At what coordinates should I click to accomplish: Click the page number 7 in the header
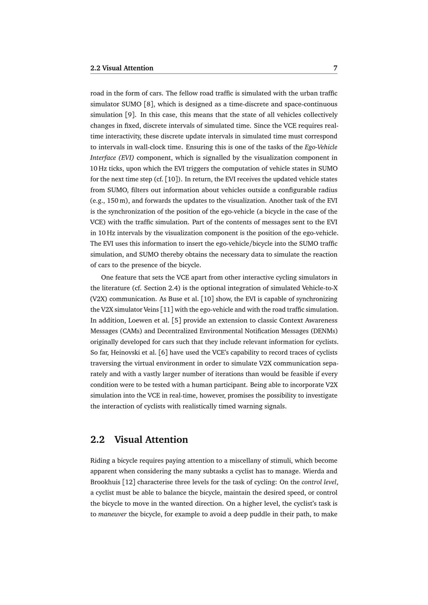coord(335,68)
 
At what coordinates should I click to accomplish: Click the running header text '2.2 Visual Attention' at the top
coord(122,68)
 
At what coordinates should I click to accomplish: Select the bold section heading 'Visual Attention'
coord(151,439)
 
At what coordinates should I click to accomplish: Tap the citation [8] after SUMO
coord(149,104)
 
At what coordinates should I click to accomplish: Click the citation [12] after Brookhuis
coord(129,482)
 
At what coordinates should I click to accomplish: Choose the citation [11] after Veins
coord(166,309)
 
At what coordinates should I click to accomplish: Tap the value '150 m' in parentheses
coord(118,201)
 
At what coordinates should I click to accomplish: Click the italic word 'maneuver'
coord(112,514)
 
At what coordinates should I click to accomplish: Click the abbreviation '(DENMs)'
coord(324,331)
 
